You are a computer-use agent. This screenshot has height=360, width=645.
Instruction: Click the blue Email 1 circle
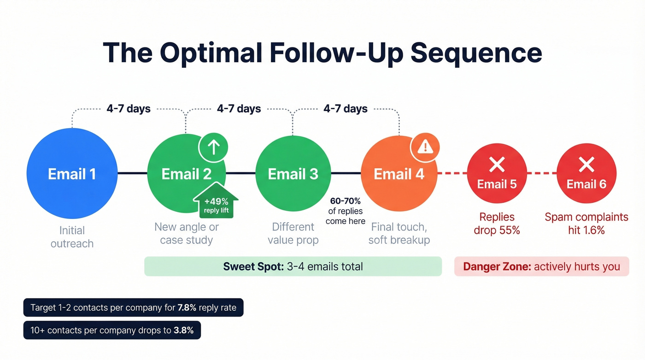pos(71,174)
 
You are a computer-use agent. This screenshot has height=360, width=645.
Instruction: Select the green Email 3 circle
pos(293,174)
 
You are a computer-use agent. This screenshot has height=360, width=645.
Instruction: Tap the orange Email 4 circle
pos(399,174)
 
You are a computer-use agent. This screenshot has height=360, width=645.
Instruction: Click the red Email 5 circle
pos(497,174)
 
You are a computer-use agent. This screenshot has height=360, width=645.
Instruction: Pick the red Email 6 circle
pos(586,174)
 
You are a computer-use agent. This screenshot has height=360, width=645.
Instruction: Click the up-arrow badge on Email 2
pos(213,148)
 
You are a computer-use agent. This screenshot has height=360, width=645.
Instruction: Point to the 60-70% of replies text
pos(345,211)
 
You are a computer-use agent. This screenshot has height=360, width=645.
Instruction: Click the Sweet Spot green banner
pos(293,266)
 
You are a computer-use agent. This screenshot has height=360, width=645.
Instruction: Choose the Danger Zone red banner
pos(541,266)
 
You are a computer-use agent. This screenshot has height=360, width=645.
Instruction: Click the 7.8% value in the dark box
pos(188,307)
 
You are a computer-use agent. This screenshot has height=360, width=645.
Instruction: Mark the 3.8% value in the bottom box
pos(183,330)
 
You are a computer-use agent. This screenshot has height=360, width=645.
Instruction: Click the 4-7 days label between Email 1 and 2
pos(129,109)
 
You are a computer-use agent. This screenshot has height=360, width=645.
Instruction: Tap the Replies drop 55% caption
pos(497,224)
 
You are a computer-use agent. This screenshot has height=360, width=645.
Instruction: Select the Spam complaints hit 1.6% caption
pos(586,224)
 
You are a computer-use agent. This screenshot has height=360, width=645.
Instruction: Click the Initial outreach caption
pos(72,237)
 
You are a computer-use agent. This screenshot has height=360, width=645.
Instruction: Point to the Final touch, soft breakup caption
pos(399,233)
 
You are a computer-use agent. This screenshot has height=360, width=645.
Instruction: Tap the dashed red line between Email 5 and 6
pos(541,174)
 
